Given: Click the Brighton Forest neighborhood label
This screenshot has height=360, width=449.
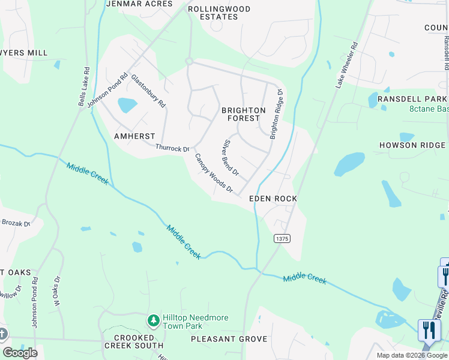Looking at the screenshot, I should (x=243, y=114).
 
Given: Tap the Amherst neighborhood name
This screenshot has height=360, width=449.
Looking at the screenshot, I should (x=134, y=136).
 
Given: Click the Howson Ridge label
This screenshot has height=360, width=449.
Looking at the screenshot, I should (x=412, y=145).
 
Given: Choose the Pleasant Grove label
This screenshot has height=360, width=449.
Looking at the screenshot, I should (x=229, y=339).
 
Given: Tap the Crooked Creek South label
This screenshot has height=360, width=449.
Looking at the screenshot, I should (x=133, y=341).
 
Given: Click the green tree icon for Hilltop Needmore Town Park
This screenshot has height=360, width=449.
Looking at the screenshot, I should (x=154, y=321).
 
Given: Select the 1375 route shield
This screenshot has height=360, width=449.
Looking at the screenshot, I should (x=282, y=239).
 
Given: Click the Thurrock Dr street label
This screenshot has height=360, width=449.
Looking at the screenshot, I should (x=172, y=148).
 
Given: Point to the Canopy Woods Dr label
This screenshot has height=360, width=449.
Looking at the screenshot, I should (x=213, y=173).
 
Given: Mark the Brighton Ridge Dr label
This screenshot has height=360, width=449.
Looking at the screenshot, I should (x=276, y=114).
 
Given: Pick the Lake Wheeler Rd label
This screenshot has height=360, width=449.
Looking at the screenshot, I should (x=346, y=65).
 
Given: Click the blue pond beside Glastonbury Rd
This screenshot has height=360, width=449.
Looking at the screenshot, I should (x=127, y=105).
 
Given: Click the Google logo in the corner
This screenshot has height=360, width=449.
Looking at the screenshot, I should (x=20, y=353).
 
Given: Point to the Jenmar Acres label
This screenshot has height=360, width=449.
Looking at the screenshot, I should (x=139, y=4).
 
